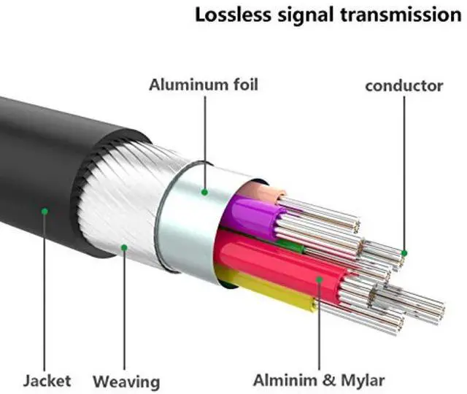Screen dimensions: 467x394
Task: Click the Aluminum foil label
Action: pyautogui.click(x=204, y=85)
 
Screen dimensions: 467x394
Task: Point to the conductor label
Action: pyautogui.click(x=404, y=86)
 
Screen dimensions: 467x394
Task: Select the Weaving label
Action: pyautogui.click(x=126, y=381)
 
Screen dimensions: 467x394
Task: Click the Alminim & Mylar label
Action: pyautogui.click(x=319, y=380)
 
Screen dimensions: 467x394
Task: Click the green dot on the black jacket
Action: pyautogui.click(x=45, y=212)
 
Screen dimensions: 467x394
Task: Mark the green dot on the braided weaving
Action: pyautogui.click(x=125, y=247)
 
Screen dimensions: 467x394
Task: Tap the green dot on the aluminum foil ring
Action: pyautogui.click(x=205, y=193)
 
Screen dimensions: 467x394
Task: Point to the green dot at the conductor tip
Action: pyautogui.click(x=404, y=253)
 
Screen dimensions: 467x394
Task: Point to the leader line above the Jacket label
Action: pyautogui.click(x=45, y=292)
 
